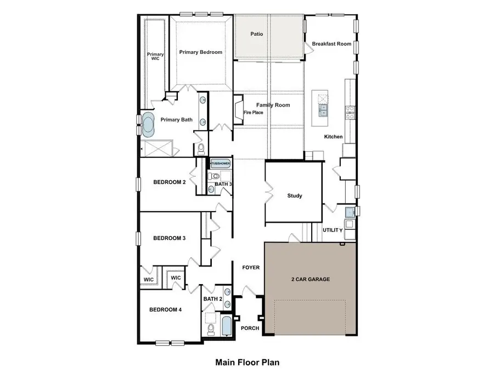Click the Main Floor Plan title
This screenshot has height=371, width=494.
click(x=247, y=362)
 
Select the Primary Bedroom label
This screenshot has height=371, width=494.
click(x=201, y=52)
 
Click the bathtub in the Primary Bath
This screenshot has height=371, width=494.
click(x=149, y=125)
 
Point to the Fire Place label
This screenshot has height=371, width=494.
click(x=254, y=113)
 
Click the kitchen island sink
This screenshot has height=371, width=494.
click(x=323, y=109)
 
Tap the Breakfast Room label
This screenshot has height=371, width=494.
click(x=331, y=44)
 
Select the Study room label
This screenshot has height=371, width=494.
click(x=295, y=196)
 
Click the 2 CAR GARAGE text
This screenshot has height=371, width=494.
click(x=310, y=279)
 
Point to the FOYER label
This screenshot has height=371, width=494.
click(x=251, y=268)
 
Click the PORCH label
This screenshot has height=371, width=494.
click(x=250, y=328)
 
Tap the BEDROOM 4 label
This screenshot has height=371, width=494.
click(x=165, y=310)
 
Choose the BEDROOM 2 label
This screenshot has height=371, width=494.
click(x=169, y=182)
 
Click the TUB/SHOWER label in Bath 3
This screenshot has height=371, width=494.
click(x=221, y=164)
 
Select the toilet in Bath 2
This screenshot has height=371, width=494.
click(x=210, y=329)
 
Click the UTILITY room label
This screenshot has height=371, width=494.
click(x=333, y=230)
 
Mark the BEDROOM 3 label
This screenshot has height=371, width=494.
click(x=169, y=238)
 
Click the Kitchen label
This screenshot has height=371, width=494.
click(x=333, y=137)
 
